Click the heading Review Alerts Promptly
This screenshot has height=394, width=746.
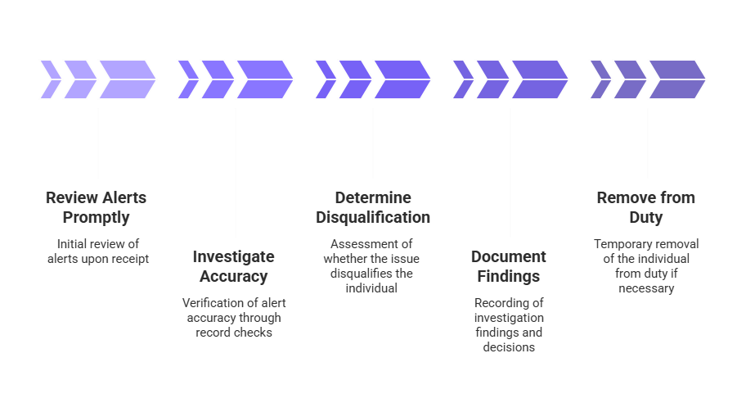[98, 207]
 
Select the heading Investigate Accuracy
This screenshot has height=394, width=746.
[236, 265]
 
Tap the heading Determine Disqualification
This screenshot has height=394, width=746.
[373, 207]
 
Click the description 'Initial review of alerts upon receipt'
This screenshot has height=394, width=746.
[98, 251]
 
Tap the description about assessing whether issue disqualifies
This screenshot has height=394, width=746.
[373, 265]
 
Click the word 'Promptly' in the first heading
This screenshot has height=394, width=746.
[98, 218]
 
